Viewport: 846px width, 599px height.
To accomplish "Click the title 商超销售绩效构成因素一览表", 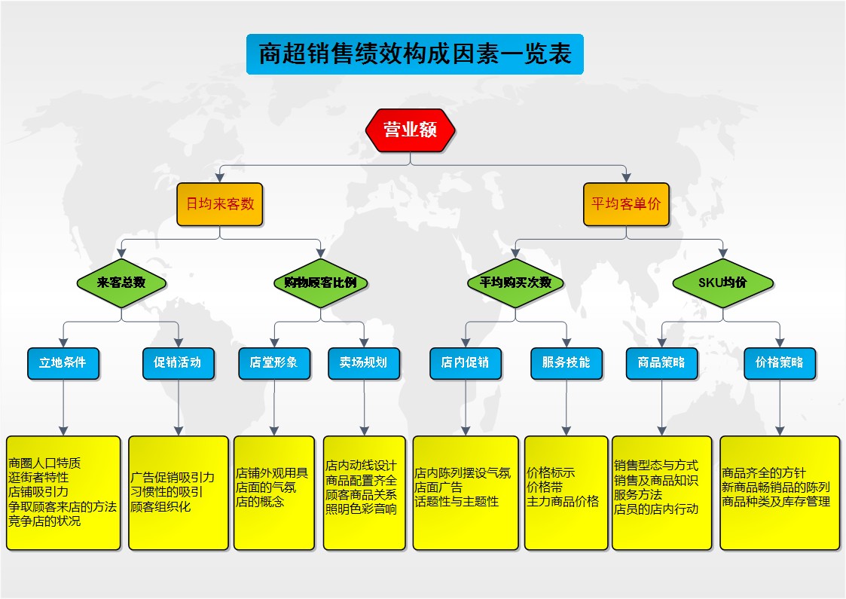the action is pyautogui.click(x=415, y=54).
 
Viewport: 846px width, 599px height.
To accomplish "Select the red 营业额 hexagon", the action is pyautogui.click(x=410, y=130).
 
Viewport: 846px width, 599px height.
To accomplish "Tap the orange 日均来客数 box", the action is pyautogui.click(x=219, y=204).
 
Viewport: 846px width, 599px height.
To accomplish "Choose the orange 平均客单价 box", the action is pyautogui.click(x=626, y=204).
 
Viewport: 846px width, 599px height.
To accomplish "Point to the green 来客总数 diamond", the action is pyautogui.click(x=121, y=283).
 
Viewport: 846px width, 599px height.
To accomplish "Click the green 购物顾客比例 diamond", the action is pyautogui.click(x=320, y=283).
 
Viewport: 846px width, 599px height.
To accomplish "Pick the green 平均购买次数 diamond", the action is pyautogui.click(x=515, y=283).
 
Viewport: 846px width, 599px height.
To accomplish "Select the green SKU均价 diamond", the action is pyautogui.click(x=722, y=283).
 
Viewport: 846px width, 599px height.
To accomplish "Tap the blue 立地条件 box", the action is pyautogui.click(x=63, y=363).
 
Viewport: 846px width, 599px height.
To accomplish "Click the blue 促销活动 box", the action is pyautogui.click(x=178, y=363).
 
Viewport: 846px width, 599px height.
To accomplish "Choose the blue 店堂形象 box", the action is pyautogui.click(x=274, y=363).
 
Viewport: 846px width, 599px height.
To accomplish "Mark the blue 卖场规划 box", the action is pyautogui.click(x=364, y=363).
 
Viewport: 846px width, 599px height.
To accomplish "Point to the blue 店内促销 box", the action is pyautogui.click(x=465, y=363).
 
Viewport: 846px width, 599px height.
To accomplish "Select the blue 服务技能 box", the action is pyautogui.click(x=566, y=363).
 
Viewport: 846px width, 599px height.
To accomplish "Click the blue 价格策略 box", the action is pyautogui.click(x=779, y=363).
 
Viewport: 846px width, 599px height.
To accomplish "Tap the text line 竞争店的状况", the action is pyautogui.click(x=44, y=521).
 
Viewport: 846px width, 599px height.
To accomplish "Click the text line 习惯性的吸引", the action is pyautogui.click(x=166, y=492).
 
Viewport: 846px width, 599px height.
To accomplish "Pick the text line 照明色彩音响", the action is pyautogui.click(x=361, y=509).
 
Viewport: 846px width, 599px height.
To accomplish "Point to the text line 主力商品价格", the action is pyautogui.click(x=563, y=502).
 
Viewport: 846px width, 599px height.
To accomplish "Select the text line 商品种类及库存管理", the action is pyautogui.click(x=776, y=502).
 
